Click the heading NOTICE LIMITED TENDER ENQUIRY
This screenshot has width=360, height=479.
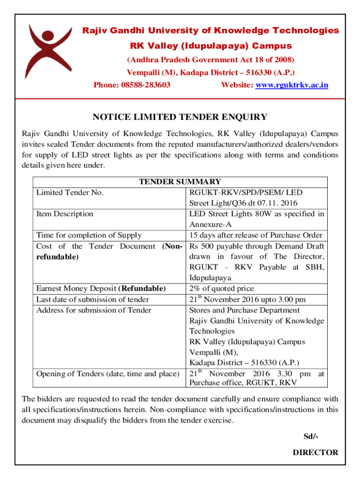coord(180,117)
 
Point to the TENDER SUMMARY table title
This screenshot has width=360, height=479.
coord(180,182)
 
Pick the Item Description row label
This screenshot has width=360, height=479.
coord(65,214)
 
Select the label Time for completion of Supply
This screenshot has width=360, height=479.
coord(89,235)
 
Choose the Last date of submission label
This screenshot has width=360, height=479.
coord(93,299)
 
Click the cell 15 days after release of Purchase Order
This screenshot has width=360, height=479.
coord(256,235)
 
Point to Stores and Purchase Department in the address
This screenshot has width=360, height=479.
coord(245,310)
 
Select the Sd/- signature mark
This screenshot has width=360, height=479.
coord(310,437)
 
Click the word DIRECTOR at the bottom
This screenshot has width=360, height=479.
coord(315,452)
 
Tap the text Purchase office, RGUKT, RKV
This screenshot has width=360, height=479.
coord(243,383)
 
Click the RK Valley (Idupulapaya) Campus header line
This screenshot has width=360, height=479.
coord(210,46)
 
